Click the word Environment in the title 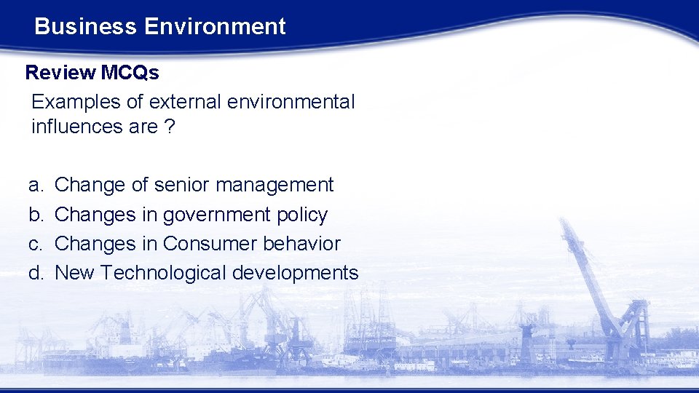coord(215,27)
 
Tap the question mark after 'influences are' coord(169,127)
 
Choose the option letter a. coord(34,186)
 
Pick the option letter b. coord(34,215)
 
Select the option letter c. coord(34,244)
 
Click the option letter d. coord(34,273)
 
